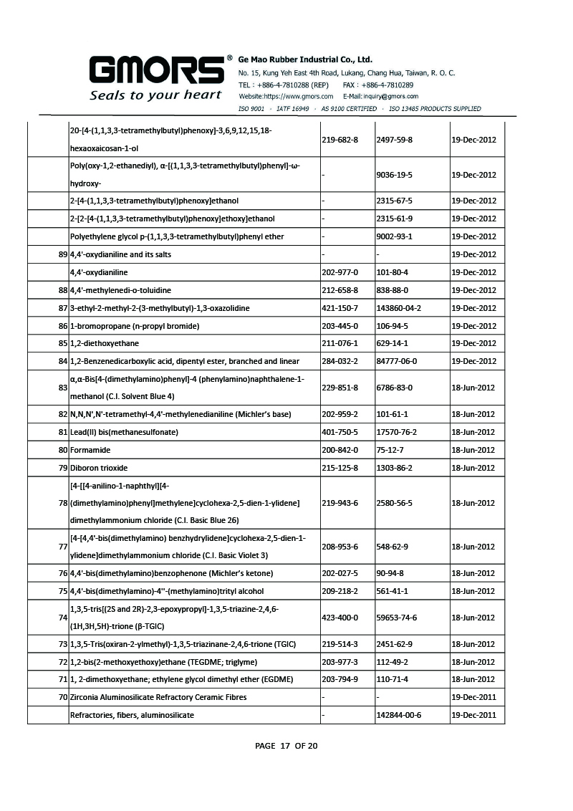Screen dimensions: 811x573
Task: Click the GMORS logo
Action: pyautogui.click(x=156, y=69)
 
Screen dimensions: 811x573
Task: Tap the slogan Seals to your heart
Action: pyautogui.click(x=155, y=95)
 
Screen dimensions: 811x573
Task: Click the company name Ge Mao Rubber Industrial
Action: pyautogui.click(x=304, y=59)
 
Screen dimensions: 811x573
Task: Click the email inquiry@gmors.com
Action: pyautogui.click(x=380, y=96)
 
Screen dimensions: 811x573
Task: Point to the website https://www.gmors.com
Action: pyautogui.click(x=286, y=96)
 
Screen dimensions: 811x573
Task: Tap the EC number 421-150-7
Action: pyautogui.click(x=340, y=308)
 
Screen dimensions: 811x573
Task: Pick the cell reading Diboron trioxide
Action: pyautogui.click(x=99, y=468)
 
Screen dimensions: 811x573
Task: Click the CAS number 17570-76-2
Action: pyautogui.click(x=396, y=432)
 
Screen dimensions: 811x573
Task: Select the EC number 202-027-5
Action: pyautogui.click(x=340, y=573)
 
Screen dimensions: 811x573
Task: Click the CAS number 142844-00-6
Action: pyautogui.click(x=398, y=715)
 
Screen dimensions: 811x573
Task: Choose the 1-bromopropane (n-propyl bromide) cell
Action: pyautogui.click(x=125, y=326)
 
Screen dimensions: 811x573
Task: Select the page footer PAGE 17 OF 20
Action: pyautogui.click(x=286, y=746)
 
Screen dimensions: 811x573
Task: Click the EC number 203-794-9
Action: pyautogui.click(x=340, y=679)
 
